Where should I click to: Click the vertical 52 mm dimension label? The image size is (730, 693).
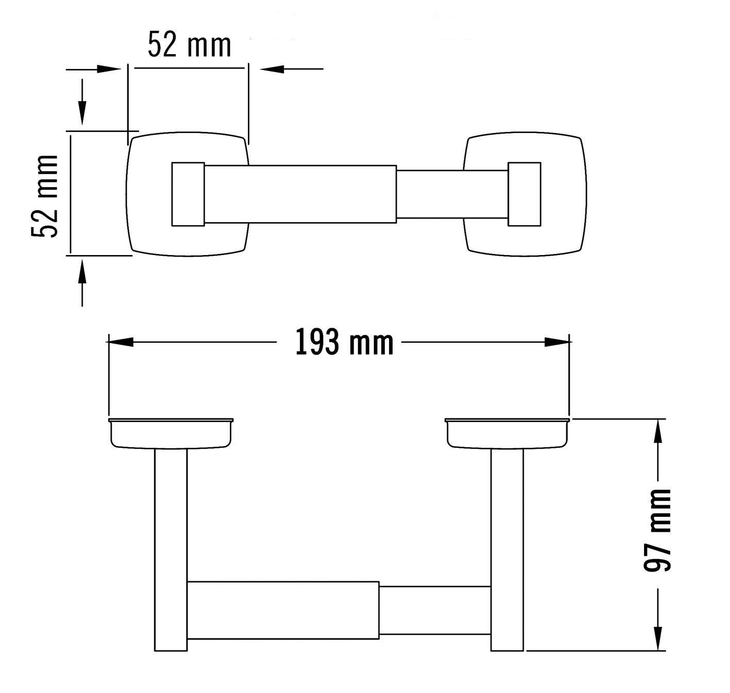point(45,196)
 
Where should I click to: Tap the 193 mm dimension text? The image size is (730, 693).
point(344,342)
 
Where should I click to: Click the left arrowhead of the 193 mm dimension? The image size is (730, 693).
point(121,342)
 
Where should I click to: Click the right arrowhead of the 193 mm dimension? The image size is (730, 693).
point(557,342)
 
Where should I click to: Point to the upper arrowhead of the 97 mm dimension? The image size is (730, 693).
point(657,432)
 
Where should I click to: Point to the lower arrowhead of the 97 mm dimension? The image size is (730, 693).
point(657,639)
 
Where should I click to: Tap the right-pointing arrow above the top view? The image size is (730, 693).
point(94,69)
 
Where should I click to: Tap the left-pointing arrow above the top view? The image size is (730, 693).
point(292,69)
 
